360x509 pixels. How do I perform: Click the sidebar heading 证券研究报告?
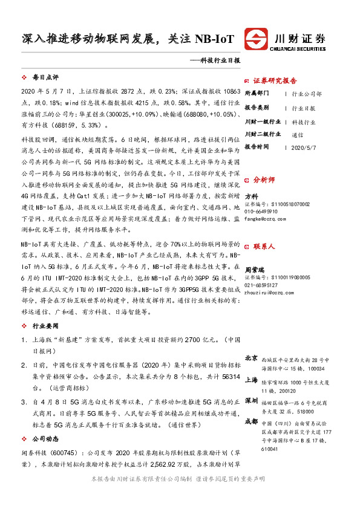click(275, 80)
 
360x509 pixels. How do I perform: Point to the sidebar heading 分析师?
click(264, 180)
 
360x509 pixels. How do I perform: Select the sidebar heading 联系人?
click(264, 247)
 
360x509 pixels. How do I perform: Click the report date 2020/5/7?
click(303, 147)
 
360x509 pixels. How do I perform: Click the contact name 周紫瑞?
click(254, 264)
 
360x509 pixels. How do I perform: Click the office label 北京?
click(251, 358)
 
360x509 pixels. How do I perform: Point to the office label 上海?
click(251, 381)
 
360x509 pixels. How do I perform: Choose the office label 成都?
click(251, 421)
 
